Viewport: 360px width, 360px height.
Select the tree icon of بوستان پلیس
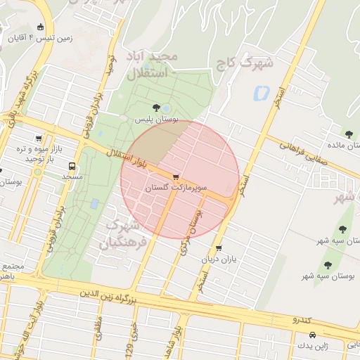point(155,108)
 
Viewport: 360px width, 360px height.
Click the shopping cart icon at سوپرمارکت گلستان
point(175,178)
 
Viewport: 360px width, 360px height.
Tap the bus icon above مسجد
point(72,167)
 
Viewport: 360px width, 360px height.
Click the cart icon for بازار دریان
point(219,248)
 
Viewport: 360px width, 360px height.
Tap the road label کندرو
point(305,320)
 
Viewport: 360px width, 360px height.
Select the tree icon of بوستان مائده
point(349,134)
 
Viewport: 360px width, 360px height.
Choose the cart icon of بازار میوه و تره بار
point(38,139)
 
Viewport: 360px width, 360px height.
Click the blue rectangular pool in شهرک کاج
point(261,91)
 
